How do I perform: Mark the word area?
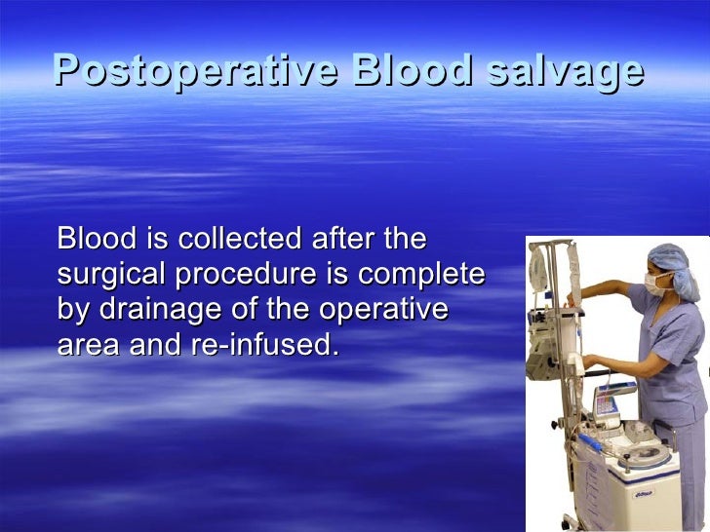coord(87,345)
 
